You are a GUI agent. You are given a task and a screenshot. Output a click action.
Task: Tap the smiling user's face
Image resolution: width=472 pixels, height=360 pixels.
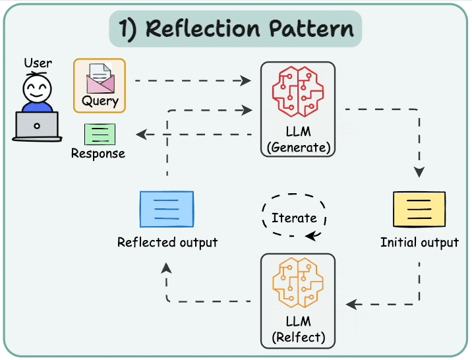tap(36, 88)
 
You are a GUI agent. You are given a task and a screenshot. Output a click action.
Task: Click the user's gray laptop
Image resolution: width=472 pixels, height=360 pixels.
tap(37, 126)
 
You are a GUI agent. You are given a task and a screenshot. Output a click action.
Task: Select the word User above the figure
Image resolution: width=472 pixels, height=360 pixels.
tap(38, 63)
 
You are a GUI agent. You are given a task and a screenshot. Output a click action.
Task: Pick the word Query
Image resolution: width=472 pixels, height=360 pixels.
tap(100, 102)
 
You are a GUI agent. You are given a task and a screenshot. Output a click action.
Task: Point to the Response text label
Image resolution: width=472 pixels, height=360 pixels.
tap(98, 154)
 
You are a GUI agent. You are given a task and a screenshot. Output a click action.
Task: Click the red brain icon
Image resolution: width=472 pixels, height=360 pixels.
tap(298, 94)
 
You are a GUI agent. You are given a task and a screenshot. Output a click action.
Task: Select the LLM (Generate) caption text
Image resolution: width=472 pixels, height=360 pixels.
tap(298, 140)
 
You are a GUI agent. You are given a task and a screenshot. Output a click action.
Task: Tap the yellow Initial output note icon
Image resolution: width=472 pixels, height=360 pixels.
tap(419, 209)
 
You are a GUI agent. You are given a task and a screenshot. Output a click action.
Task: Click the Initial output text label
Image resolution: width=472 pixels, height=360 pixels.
tap(419, 243)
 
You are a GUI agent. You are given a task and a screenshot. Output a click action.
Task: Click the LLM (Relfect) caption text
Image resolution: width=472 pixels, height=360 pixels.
tap(298, 331)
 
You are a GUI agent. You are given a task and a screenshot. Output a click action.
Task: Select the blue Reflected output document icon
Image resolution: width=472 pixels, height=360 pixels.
tap(167, 209)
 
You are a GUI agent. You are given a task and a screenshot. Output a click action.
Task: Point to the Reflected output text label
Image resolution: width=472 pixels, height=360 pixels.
tap(167, 243)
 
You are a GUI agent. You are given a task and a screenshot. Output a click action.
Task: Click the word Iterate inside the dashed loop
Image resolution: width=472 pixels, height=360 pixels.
tap(294, 218)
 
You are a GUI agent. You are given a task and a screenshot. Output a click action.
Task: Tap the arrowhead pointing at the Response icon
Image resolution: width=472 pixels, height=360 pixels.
tap(140, 135)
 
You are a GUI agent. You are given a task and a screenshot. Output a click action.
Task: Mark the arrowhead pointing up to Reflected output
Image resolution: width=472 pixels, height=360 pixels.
tap(167, 266)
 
